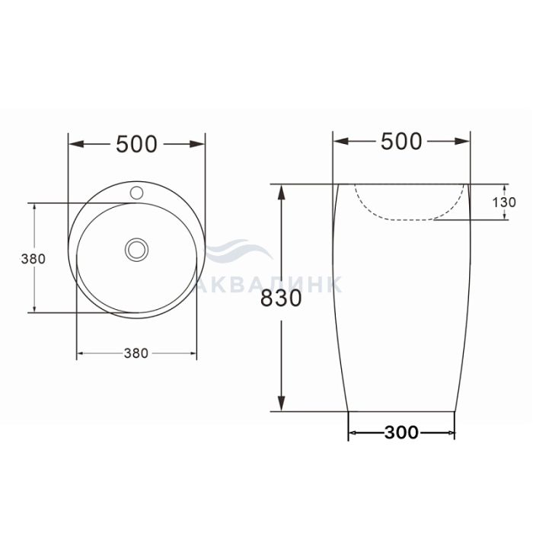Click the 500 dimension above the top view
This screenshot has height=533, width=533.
point(136,144)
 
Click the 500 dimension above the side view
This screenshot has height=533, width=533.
point(401,141)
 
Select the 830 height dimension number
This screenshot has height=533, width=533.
point(281,298)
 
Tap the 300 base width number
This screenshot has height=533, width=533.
point(401,432)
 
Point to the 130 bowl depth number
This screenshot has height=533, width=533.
point(504,203)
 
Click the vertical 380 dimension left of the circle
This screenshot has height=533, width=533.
point(33,259)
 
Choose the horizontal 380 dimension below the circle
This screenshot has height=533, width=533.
point(136,353)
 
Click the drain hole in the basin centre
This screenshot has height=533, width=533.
point(136,250)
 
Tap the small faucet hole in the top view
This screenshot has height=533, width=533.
point(136,193)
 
